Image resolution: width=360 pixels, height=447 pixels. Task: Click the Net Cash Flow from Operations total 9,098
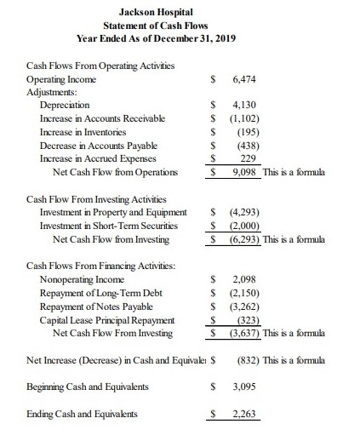[243, 173]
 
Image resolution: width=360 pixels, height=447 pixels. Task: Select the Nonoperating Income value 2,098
[243, 279]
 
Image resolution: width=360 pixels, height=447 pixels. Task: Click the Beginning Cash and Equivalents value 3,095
[243, 387]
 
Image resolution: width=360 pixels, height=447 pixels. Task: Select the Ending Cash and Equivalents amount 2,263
[243, 415]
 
